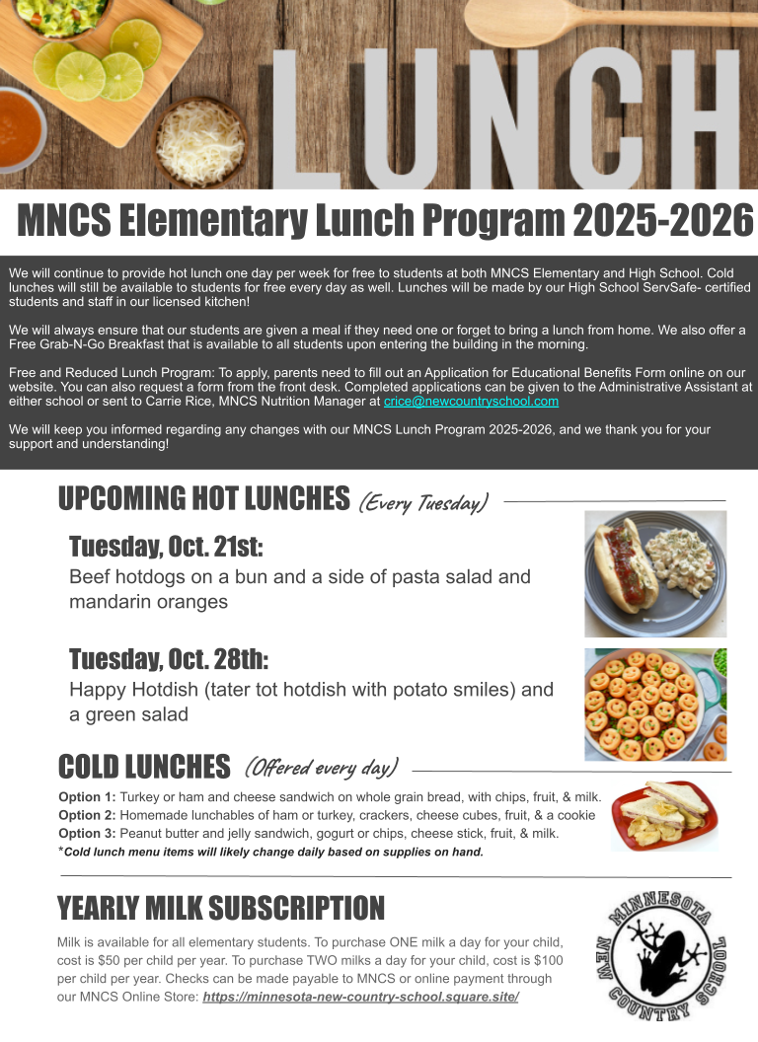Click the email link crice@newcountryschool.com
click(471, 402)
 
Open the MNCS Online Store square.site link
click(360, 998)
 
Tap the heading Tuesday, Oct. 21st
click(166, 547)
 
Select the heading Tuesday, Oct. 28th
click(168, 659)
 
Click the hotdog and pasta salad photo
click(655, 573)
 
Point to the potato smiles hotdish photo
click(655, 704)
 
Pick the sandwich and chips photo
click(664, 815)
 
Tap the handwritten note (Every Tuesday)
click(423, 503)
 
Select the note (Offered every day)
click(321, 767)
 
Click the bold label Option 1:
click(87, 797)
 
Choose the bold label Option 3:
click(87, 834)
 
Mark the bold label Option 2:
click(87, 815)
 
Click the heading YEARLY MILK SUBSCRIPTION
click(221, 908)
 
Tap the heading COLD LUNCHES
click(144, 767)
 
